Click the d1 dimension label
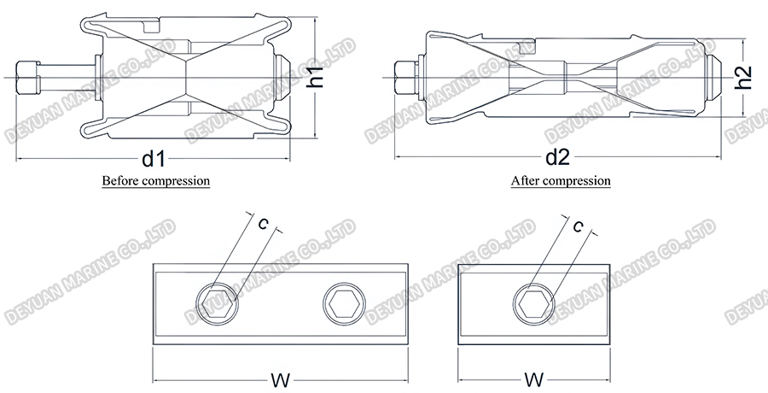(153, 159)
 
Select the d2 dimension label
(558, 157)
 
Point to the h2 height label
(743, 78)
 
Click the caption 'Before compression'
(156, 180)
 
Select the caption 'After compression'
(561, 181)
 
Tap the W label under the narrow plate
(534, 380)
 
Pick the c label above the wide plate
(264, 224)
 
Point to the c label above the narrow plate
(579, 226)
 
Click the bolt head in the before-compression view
(28, 78)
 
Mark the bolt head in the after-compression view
(405, 78)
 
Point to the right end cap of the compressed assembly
(714, 78)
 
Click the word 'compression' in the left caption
(176, 181)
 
